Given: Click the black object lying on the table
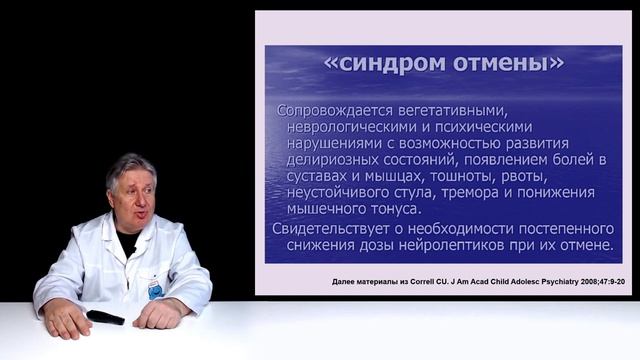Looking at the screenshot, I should coord(104,317).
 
